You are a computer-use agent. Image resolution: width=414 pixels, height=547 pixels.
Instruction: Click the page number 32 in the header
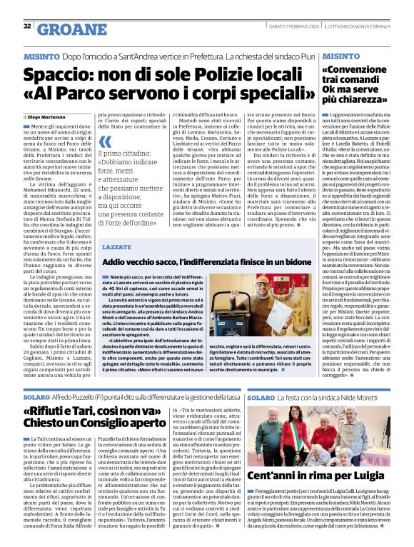[x=27, y=26]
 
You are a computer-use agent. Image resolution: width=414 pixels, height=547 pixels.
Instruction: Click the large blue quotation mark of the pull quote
[x=105, y=143]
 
